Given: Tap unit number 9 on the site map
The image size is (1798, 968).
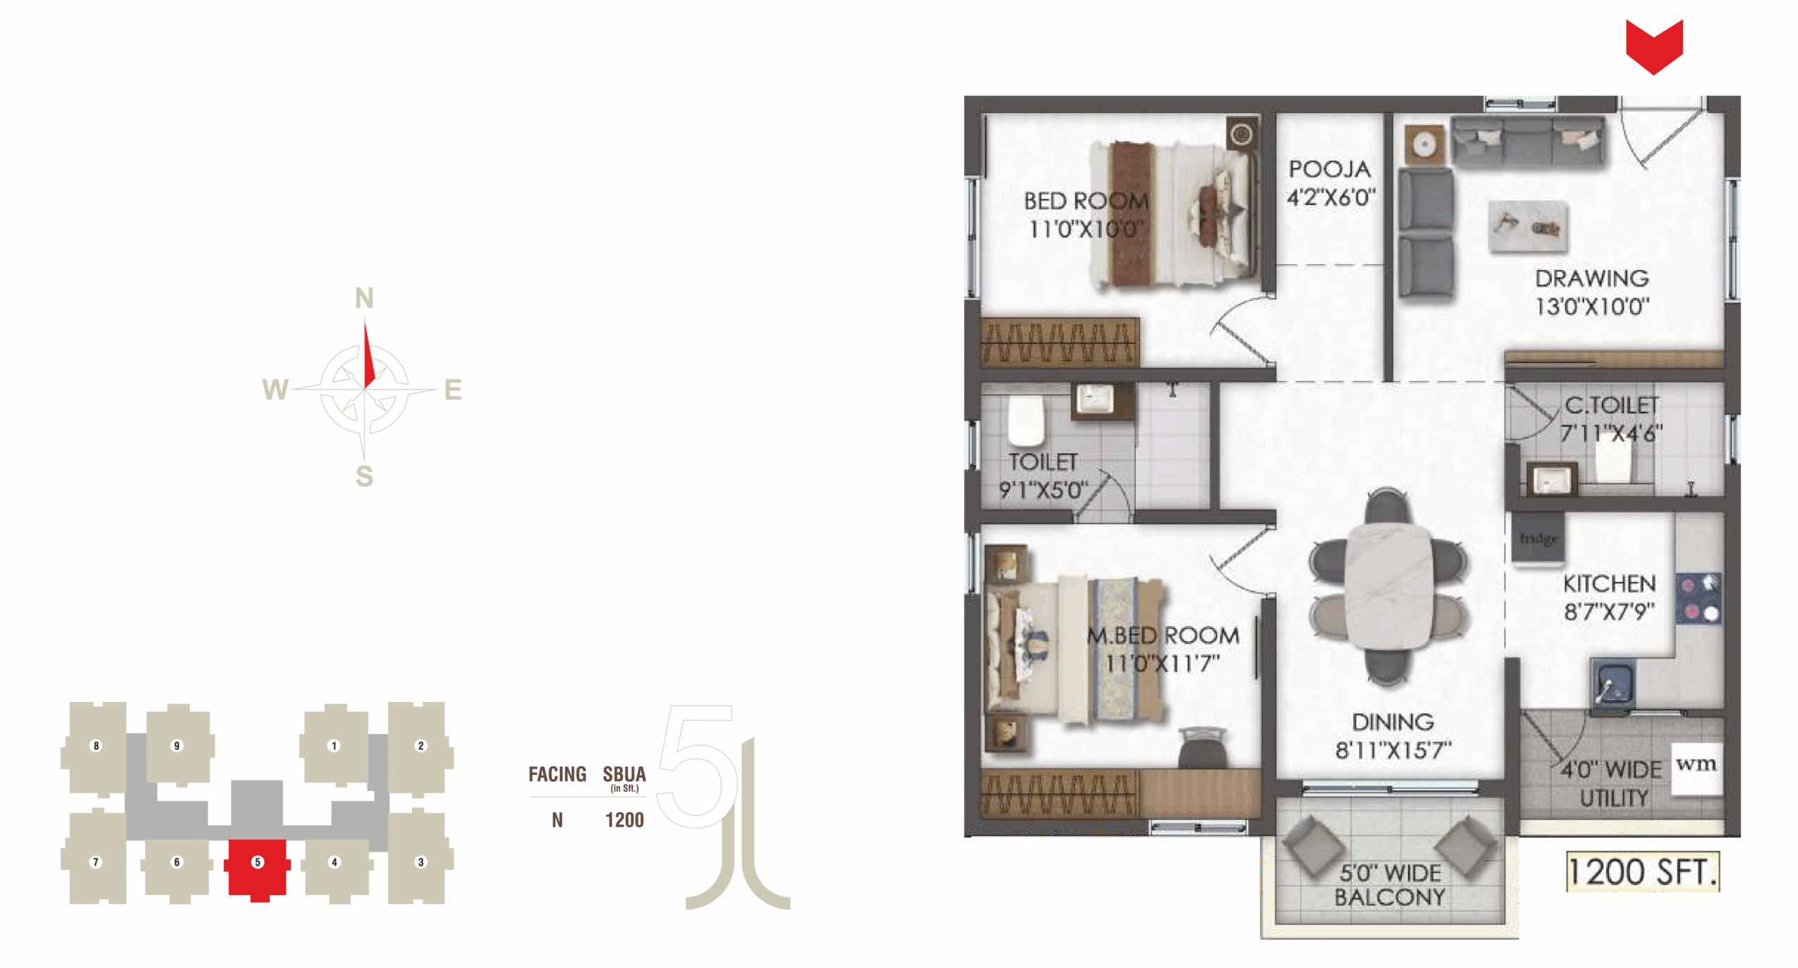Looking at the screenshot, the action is pos(177,745).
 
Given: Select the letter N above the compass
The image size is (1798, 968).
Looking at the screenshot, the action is pos(364,298).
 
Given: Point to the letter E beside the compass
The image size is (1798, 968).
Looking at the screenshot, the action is pos(453,390).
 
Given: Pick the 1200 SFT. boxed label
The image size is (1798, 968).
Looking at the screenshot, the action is pos(1643,872).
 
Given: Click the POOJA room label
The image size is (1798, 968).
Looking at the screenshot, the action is pos(1330,169).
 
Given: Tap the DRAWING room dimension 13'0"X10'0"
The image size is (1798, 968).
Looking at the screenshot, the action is pos(1592,307).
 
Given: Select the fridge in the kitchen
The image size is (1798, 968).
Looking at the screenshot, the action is pos(1538,538).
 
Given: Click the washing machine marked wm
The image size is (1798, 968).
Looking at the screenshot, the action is pos(1696,768).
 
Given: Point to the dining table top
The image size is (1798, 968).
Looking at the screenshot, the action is pos(1387,587).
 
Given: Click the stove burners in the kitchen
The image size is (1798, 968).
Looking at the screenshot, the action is pos(1699,599).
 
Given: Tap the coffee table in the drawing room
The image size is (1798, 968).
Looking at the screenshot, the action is pos(1528,226).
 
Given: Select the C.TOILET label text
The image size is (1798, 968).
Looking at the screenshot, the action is pos(1611,405).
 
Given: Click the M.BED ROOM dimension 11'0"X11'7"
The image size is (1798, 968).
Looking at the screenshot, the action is pos(1162,663).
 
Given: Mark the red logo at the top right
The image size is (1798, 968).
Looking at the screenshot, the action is pos(1654,46).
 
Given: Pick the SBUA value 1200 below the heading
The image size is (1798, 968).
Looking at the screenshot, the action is pos(624,820).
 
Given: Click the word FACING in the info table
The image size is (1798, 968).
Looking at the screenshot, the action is pos(557,774).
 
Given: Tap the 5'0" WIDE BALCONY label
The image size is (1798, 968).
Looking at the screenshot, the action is pos(1389,885).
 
